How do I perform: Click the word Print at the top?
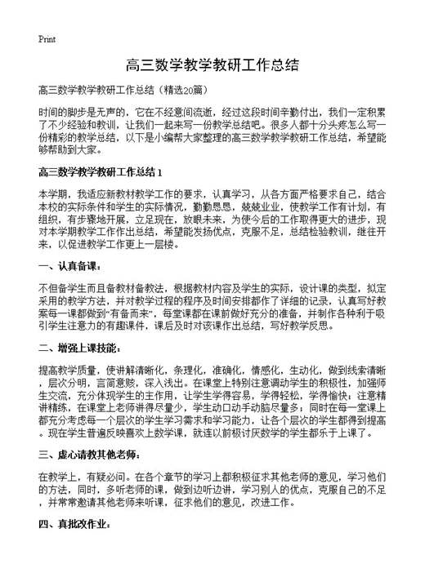pos(47,38)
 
